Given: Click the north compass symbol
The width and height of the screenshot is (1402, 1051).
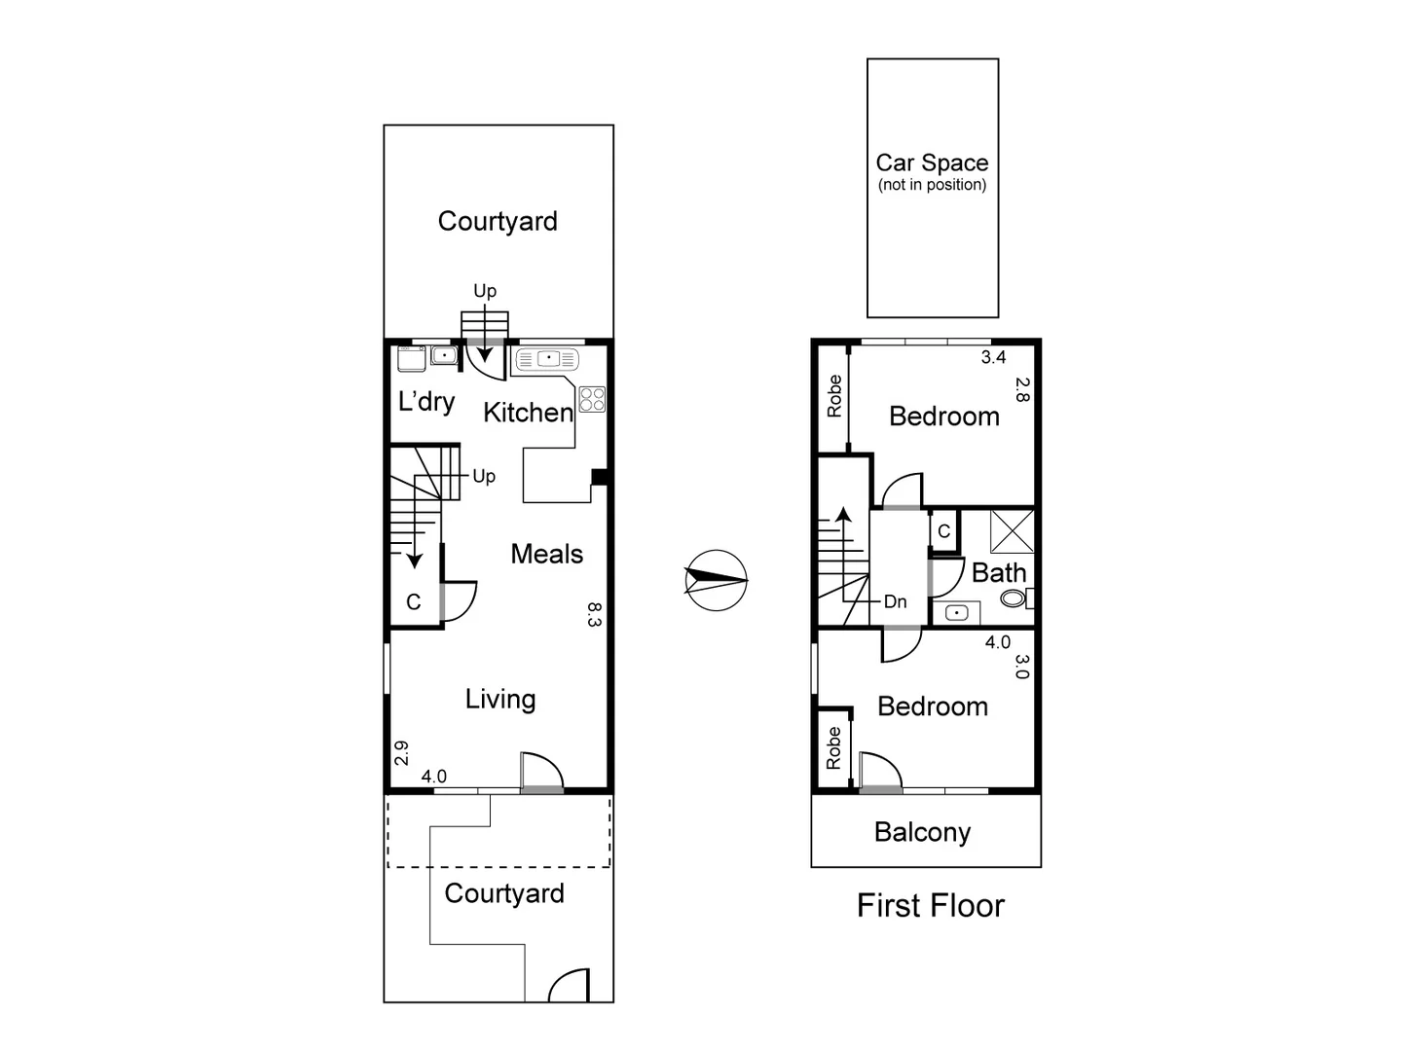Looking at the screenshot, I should click(716, 580).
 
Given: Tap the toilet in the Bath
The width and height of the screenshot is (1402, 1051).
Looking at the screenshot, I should click(1015, 598).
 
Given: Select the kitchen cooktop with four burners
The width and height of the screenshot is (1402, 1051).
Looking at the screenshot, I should click(592, 399).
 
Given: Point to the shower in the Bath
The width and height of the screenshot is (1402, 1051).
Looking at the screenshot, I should click(1012, 530).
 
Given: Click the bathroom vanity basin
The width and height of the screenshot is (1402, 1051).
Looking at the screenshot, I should click(956, 613).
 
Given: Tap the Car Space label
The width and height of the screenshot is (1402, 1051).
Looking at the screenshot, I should click(932, 163).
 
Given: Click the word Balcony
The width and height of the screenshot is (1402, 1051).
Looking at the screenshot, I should click(922, 833).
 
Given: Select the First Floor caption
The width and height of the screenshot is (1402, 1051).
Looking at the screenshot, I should click(930, 906).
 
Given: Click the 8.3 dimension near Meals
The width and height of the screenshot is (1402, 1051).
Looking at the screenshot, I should click(595, 614).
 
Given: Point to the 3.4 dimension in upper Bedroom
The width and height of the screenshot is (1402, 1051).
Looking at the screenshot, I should click(993, 357).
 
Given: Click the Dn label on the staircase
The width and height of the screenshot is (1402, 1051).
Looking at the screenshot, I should click(895, 601).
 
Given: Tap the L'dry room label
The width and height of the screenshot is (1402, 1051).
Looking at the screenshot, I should click(426, 401).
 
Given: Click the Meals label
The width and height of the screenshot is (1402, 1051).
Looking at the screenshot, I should click(546, 554).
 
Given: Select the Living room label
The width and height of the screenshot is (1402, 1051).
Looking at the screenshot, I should click(499, 699).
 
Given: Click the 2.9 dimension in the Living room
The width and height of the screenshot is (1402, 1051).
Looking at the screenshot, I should click(401, 752).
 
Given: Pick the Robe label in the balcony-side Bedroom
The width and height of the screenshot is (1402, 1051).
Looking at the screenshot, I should click(833, 748).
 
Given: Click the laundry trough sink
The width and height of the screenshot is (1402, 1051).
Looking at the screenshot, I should click(444, 356).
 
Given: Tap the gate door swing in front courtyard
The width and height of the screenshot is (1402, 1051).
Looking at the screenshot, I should click(571, 985).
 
